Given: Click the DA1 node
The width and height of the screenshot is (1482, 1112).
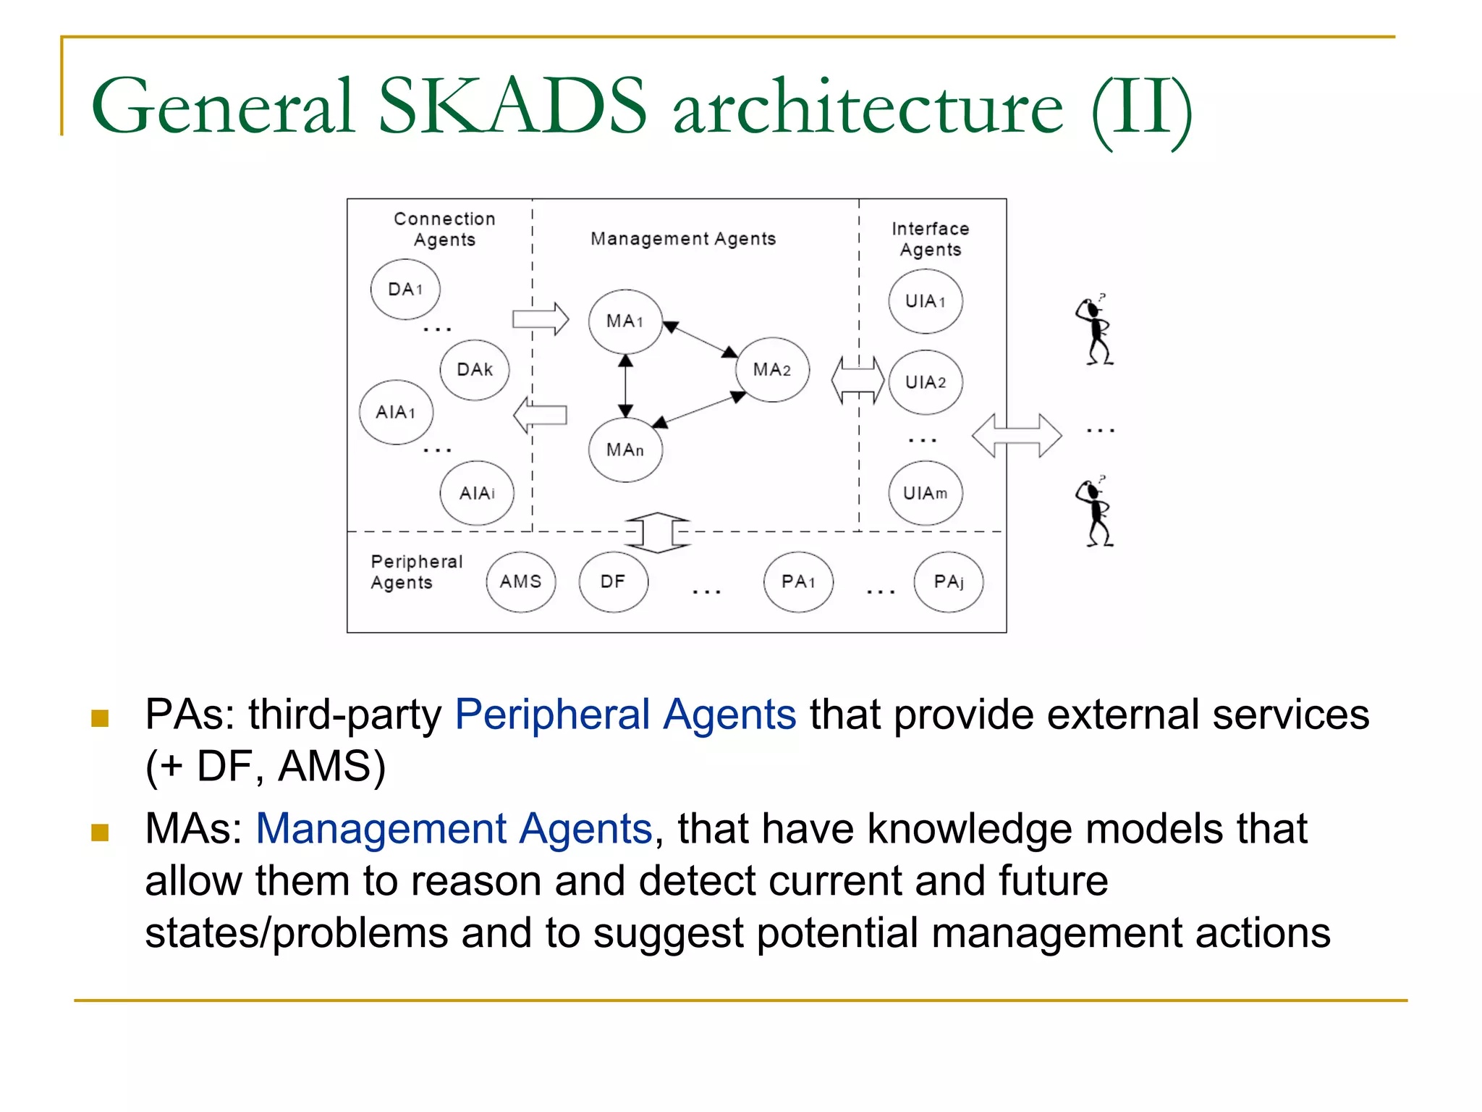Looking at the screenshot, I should tap(405, 289).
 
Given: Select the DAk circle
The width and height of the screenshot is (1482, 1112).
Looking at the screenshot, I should tap(475, 370).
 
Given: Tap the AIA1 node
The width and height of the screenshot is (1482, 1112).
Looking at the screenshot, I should tap(396, 412).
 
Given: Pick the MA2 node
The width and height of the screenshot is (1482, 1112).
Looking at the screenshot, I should tap(772, 370).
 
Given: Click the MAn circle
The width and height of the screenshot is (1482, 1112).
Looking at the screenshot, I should tap(625, 450).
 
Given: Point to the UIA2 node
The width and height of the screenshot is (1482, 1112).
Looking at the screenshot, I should tap(926, 382).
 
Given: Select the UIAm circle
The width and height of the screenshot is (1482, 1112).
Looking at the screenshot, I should tap(926, 493).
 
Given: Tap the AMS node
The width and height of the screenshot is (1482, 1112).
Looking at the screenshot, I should tap(521, 581).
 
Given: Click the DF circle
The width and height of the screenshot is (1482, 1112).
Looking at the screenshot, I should tap(613, 581).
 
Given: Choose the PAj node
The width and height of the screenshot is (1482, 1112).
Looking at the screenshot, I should tap(949, 581).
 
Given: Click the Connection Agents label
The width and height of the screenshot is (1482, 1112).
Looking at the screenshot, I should tap(444, 229).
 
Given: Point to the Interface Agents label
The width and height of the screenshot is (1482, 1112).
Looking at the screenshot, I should tap(931, 239).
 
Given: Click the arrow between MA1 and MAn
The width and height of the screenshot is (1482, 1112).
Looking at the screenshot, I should tap(626, 386).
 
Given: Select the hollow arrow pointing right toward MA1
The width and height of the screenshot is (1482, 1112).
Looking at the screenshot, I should tap(541, 319).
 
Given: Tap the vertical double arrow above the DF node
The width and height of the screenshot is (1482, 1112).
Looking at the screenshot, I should tap(657, 533).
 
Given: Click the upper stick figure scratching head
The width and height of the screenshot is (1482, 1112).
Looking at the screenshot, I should tap(1096, 332).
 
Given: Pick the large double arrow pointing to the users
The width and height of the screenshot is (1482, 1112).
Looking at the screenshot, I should tap(1017, 435).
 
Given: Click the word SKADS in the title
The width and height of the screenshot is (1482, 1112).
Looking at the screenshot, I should tap(512, 106).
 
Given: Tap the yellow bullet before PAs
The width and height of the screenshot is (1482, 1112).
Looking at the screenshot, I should tap(100, 717).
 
